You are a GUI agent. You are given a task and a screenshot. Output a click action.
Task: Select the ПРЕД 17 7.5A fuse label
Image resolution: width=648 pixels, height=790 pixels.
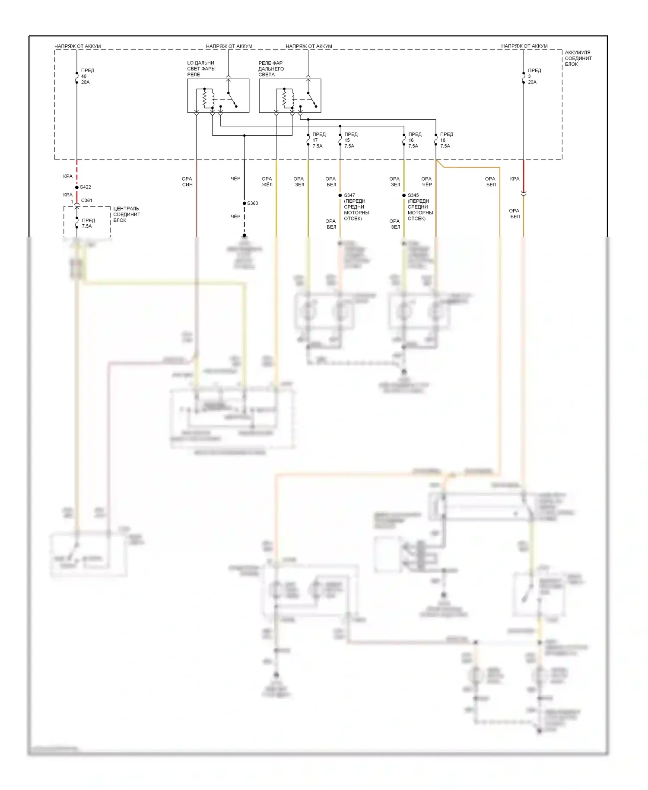click(318, 140)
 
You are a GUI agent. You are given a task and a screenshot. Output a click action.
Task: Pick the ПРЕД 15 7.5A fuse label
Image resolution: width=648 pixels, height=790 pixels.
click(350, 140)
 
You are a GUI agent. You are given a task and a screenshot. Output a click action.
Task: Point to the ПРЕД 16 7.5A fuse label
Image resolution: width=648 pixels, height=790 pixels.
click(414, 140)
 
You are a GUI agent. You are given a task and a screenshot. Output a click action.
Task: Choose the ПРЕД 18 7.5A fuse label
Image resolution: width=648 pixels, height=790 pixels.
click(446, 140)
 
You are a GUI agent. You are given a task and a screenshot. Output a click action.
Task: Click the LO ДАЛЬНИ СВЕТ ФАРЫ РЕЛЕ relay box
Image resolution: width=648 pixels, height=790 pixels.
click(218, 96)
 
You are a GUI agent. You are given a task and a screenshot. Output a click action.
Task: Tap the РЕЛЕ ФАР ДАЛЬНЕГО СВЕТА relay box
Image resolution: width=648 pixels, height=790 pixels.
click(290, 96)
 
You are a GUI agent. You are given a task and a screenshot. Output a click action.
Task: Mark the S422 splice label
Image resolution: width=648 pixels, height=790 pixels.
click(86, 187)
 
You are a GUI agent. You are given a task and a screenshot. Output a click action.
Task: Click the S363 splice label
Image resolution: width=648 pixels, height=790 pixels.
click(253, 203)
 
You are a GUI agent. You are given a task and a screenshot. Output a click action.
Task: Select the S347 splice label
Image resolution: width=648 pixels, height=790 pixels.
click(349, 195)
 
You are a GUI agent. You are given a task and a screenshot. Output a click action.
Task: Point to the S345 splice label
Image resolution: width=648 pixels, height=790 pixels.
click(413, 195)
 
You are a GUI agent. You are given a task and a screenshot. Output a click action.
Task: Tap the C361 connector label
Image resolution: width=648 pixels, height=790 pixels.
click(87, 201)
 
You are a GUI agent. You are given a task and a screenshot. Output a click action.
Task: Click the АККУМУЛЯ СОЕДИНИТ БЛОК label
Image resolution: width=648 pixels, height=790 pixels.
click(578, 58)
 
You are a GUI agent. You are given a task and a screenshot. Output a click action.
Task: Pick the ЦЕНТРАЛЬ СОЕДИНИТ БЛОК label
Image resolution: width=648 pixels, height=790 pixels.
click(126, 214)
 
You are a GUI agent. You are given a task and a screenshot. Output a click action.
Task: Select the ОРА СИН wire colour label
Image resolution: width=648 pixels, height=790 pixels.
click(187, 182)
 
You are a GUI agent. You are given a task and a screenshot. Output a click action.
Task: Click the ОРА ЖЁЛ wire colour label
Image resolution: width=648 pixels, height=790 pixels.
click(267, 182)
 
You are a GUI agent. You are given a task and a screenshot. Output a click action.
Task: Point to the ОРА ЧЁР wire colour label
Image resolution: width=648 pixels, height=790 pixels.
click(426, 182)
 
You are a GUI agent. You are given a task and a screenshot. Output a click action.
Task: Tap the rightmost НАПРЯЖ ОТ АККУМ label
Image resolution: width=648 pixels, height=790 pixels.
click(524, 46)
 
